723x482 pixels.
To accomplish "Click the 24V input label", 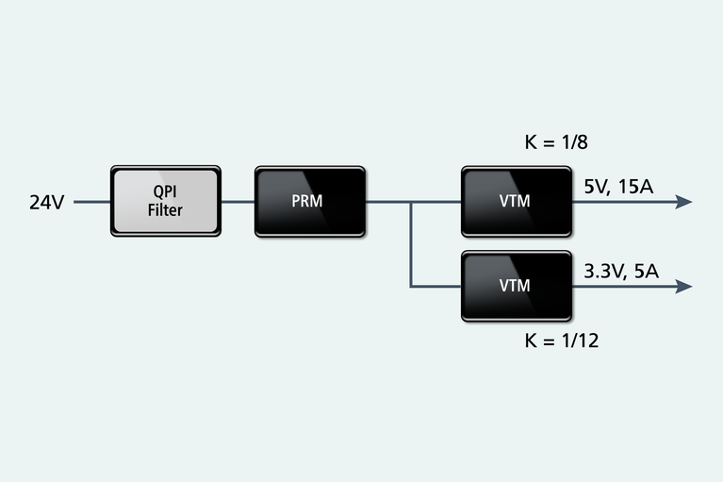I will [x=46, y=202].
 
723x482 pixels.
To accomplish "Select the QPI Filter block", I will [x=166, y=201].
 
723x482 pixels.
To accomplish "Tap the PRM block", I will [x=309, y=201].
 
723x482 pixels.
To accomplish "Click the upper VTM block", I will [x=516, y=201].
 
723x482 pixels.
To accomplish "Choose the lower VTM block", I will [x=516, y=285].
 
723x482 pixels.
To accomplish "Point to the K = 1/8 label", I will [x=557, y=143].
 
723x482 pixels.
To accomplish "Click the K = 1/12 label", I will [x=561, y=341].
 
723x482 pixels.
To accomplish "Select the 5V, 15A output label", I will [x=618, y=187].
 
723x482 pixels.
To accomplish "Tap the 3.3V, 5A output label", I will [x=621, y=272].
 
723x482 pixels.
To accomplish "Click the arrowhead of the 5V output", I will [x=684, y=202].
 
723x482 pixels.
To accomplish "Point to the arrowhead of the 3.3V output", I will [x=684, y=286].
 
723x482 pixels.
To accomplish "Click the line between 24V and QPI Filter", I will [x=91, y=202].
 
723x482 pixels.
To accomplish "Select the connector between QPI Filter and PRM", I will [x=238, y=202].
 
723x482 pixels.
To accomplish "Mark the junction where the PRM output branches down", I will [x=411, y=202].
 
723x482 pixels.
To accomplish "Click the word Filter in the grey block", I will [x=165, y=210].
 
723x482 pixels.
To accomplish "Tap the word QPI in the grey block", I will [x=165, y=191].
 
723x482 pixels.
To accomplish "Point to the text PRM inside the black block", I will [x=309, y=201].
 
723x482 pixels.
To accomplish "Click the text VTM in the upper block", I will [x=516, y=201].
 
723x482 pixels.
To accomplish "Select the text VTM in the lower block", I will [x=516, y=285].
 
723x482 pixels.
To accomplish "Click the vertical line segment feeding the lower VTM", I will [x=411, y=245].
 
